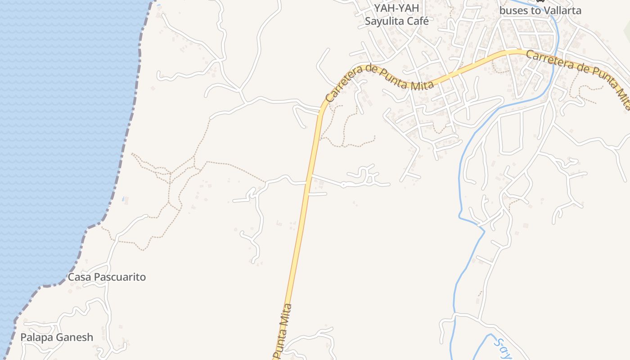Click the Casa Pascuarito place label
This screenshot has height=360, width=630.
[x=107, y=277]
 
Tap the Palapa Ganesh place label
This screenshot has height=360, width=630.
[x=57, y=337]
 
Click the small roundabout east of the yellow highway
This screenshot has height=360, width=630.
[x=343, y=184]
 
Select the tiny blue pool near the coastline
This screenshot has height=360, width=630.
[x=123, y=198]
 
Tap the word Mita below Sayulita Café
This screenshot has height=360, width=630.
[x=423, y=84]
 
